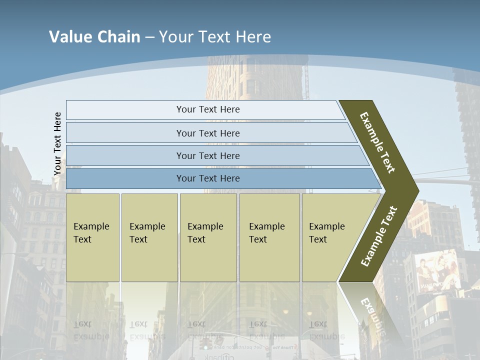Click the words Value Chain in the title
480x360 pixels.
94,37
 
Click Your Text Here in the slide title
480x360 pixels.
215,37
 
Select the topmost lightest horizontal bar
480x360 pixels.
208,109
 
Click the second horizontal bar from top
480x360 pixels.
208,133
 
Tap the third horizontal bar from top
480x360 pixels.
208,155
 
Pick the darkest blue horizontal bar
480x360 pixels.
208,178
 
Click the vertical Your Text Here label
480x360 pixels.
57,143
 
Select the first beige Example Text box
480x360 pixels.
92,237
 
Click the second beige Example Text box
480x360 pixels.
149,237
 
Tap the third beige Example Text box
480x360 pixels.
208,237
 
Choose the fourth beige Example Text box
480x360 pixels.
269,237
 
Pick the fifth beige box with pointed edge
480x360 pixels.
327,237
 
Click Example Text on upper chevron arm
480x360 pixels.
377,142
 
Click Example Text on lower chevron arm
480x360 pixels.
379,236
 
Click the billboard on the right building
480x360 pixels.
437,272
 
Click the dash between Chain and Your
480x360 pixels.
149,37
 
